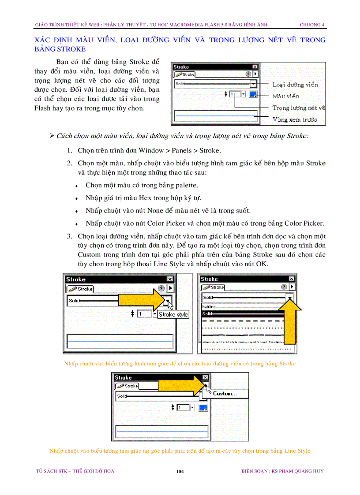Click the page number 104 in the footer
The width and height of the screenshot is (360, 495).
tap(180, 471)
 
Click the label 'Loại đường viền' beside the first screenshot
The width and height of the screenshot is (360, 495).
tap(295, 85)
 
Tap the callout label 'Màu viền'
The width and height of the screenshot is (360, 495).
tap(285, 96)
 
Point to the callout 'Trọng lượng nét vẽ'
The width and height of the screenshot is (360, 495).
tap(298, 108)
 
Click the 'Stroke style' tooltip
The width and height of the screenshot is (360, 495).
tap(173, 314)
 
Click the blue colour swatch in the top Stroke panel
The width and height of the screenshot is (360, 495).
tap(253, 94)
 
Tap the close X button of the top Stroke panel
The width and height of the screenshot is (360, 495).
tap(255, 67)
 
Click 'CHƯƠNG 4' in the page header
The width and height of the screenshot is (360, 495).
tap(312, 25)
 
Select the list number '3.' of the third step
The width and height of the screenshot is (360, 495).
tap(70, 237)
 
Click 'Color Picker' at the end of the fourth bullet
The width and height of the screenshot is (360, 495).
tap(304, 223)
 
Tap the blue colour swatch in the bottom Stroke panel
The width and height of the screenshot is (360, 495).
tap(203, 408)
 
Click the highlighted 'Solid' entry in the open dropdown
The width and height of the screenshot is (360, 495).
tap(207, 314)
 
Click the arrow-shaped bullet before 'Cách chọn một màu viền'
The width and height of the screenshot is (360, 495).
tap(52, 136)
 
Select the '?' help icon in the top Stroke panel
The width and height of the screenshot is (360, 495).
tap(248, 74)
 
